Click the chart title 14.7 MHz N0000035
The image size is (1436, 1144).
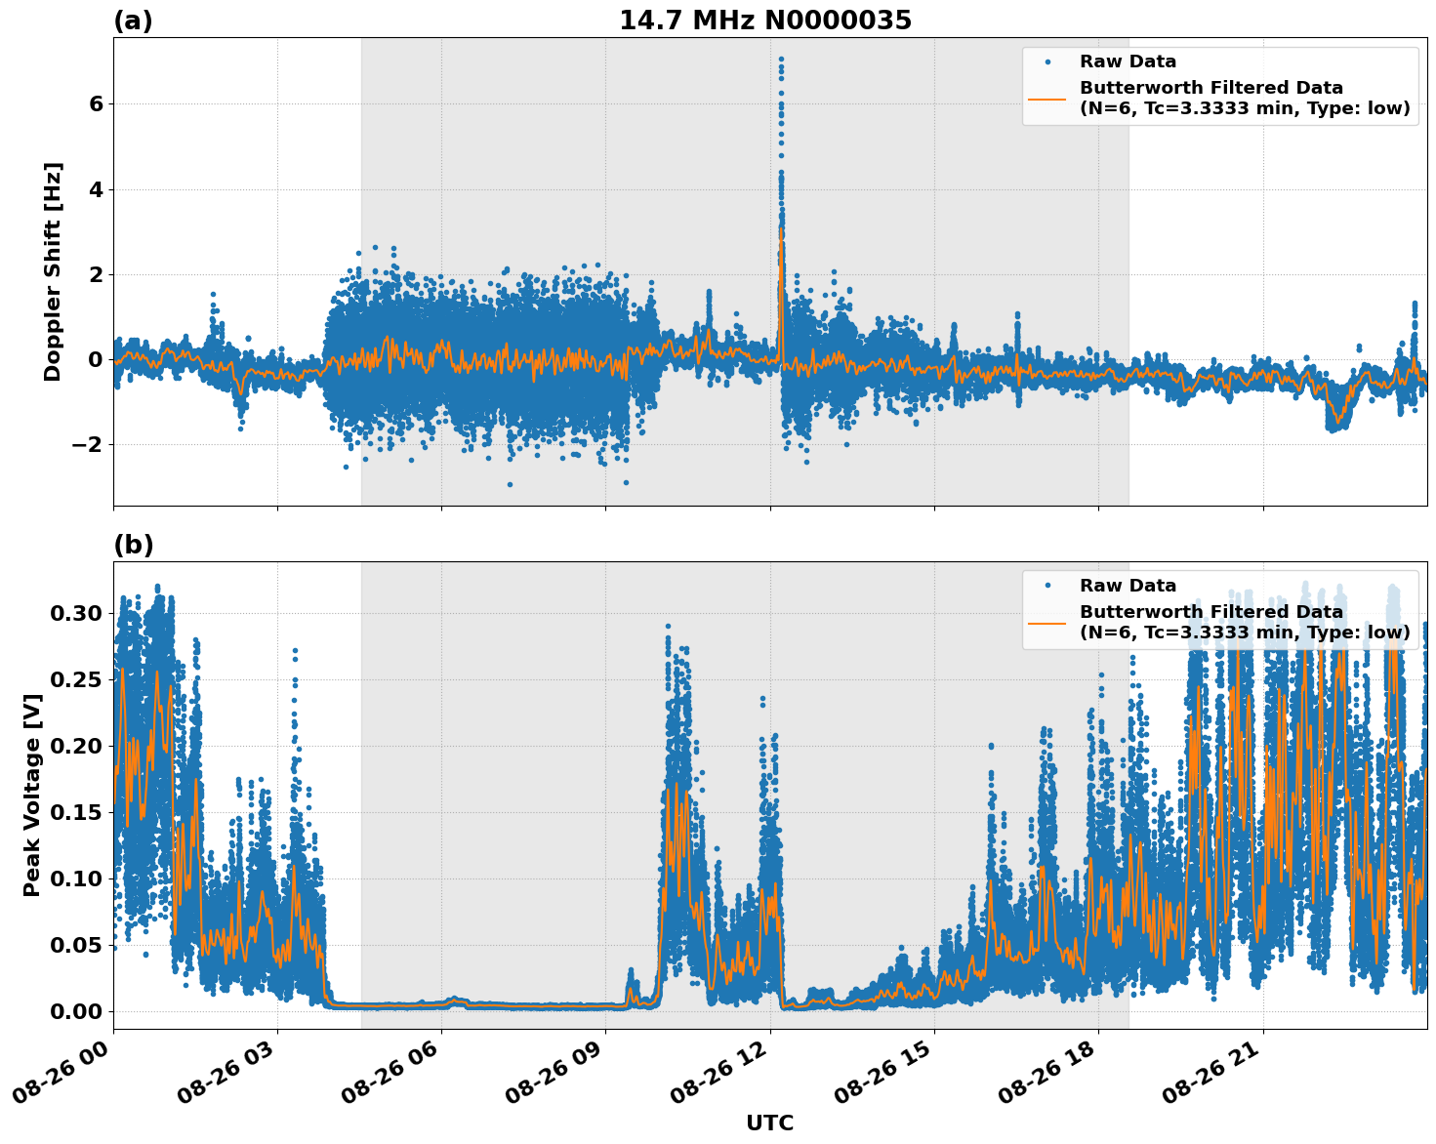click(764, 20)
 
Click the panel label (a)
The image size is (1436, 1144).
click(133, 20)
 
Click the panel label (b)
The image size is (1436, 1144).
click(133, 545)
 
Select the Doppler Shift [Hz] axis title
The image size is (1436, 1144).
click(53, 271)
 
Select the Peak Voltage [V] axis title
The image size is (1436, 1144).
click(32, 795)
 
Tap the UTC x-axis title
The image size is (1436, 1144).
click(769, 1123)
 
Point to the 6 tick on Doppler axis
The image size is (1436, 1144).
click(96, 103)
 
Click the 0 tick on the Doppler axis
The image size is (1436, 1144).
click(96, 360)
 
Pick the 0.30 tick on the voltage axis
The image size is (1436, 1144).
click(75, 613)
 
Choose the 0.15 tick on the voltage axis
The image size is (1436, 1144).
click(75, 812)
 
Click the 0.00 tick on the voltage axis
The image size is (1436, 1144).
click(75, 1011)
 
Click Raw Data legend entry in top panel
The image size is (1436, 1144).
click(1128, 61)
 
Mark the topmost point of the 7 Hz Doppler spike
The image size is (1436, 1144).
click(781, 59)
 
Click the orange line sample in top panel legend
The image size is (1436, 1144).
click(1047, 98)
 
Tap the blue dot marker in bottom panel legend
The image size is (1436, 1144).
click(1047, 586)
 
